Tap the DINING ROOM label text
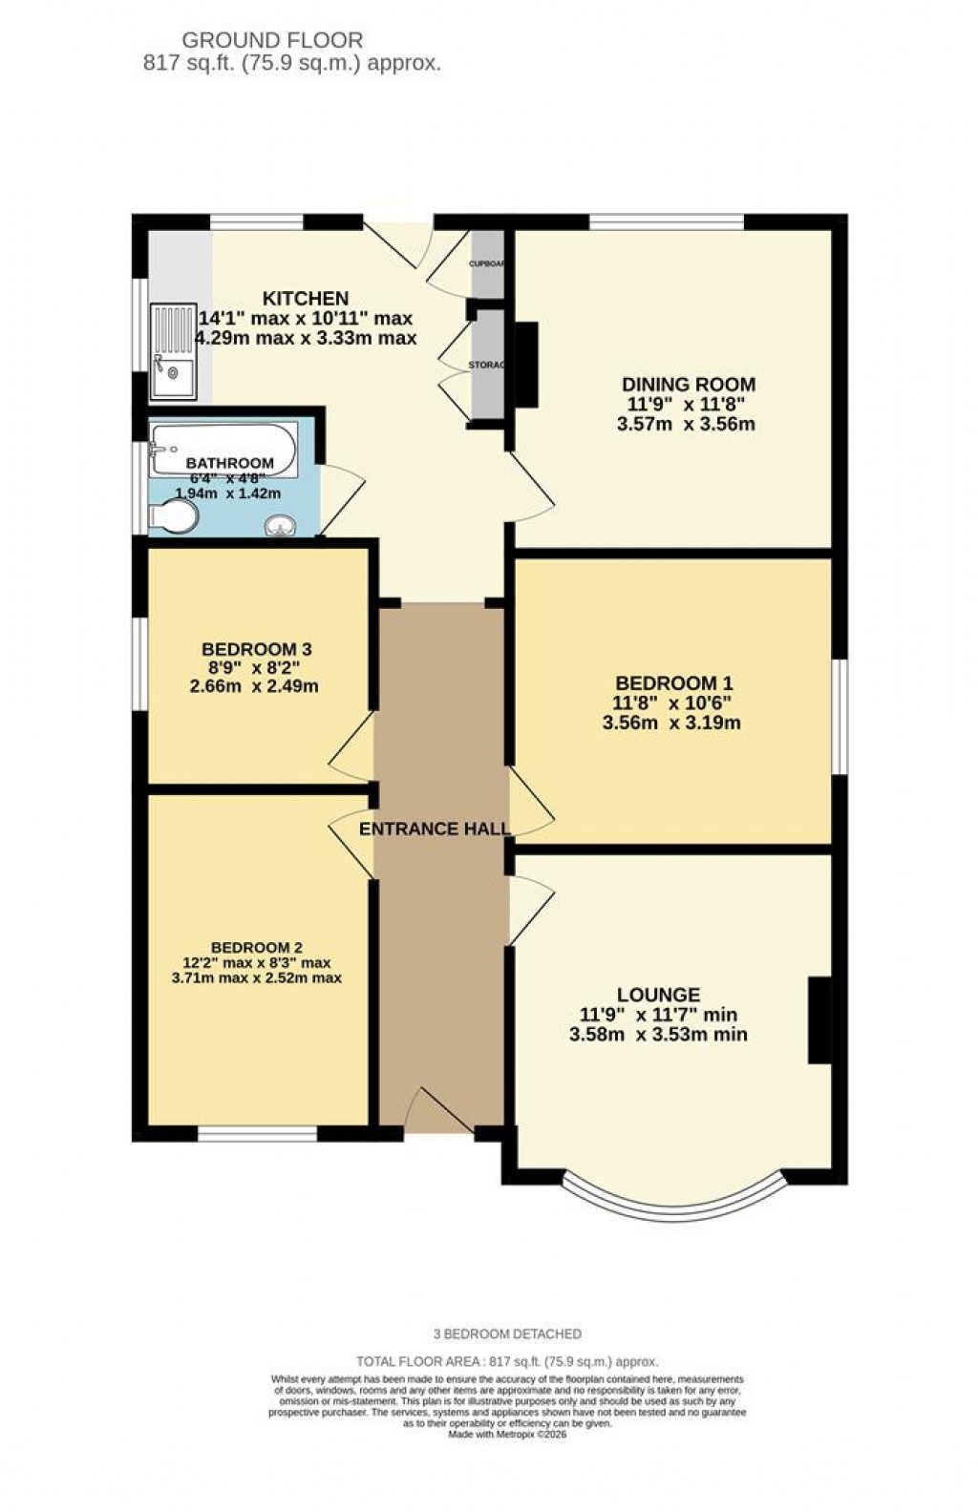(688, 385)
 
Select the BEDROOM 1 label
(673, 683)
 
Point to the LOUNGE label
(658, 995)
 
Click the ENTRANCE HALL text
(434, 829)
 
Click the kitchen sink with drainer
(173, 349)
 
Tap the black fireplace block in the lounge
(819, 1019)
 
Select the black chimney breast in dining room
(526, 364)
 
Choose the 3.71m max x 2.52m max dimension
(256, 978)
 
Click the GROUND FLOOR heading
(272, 40)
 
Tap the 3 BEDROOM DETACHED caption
(507, 1333)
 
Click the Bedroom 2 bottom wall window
(257, 1134)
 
